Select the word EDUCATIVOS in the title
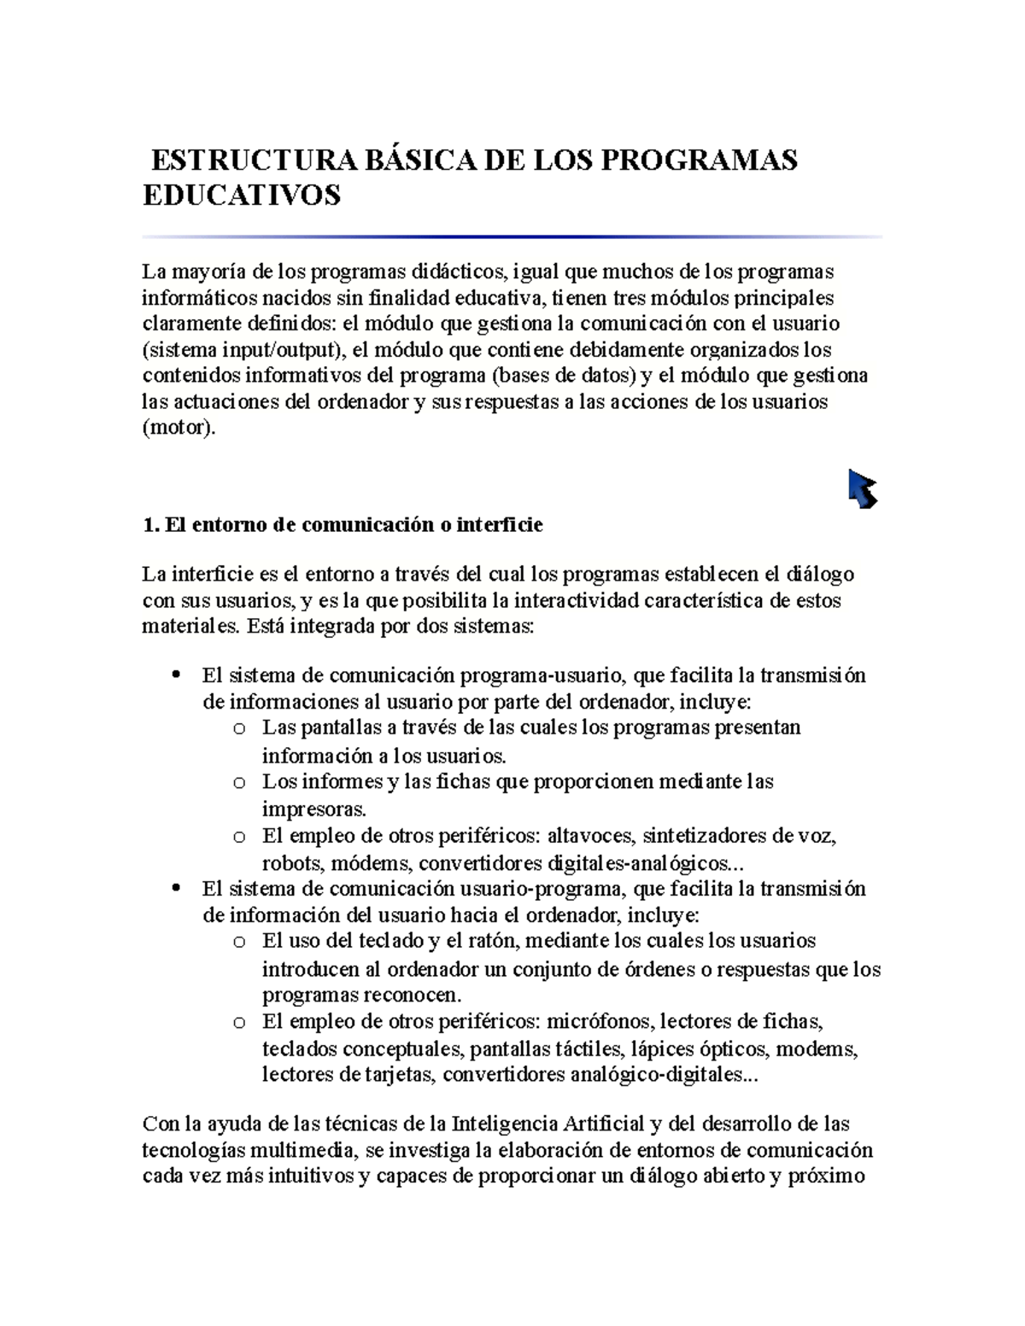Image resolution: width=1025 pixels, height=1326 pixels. coord(241,195)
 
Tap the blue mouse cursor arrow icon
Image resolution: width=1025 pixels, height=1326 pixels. coord(863,488)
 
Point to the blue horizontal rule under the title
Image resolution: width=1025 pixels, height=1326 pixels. coord(512,237)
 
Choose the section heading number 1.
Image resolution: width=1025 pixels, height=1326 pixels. coord(150,524)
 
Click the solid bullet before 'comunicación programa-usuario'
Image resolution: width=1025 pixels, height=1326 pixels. coord(176,675)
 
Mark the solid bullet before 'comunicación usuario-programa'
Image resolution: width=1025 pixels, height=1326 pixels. coord(176,889)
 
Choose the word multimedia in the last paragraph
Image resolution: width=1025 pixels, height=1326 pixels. coord(311,1149)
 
